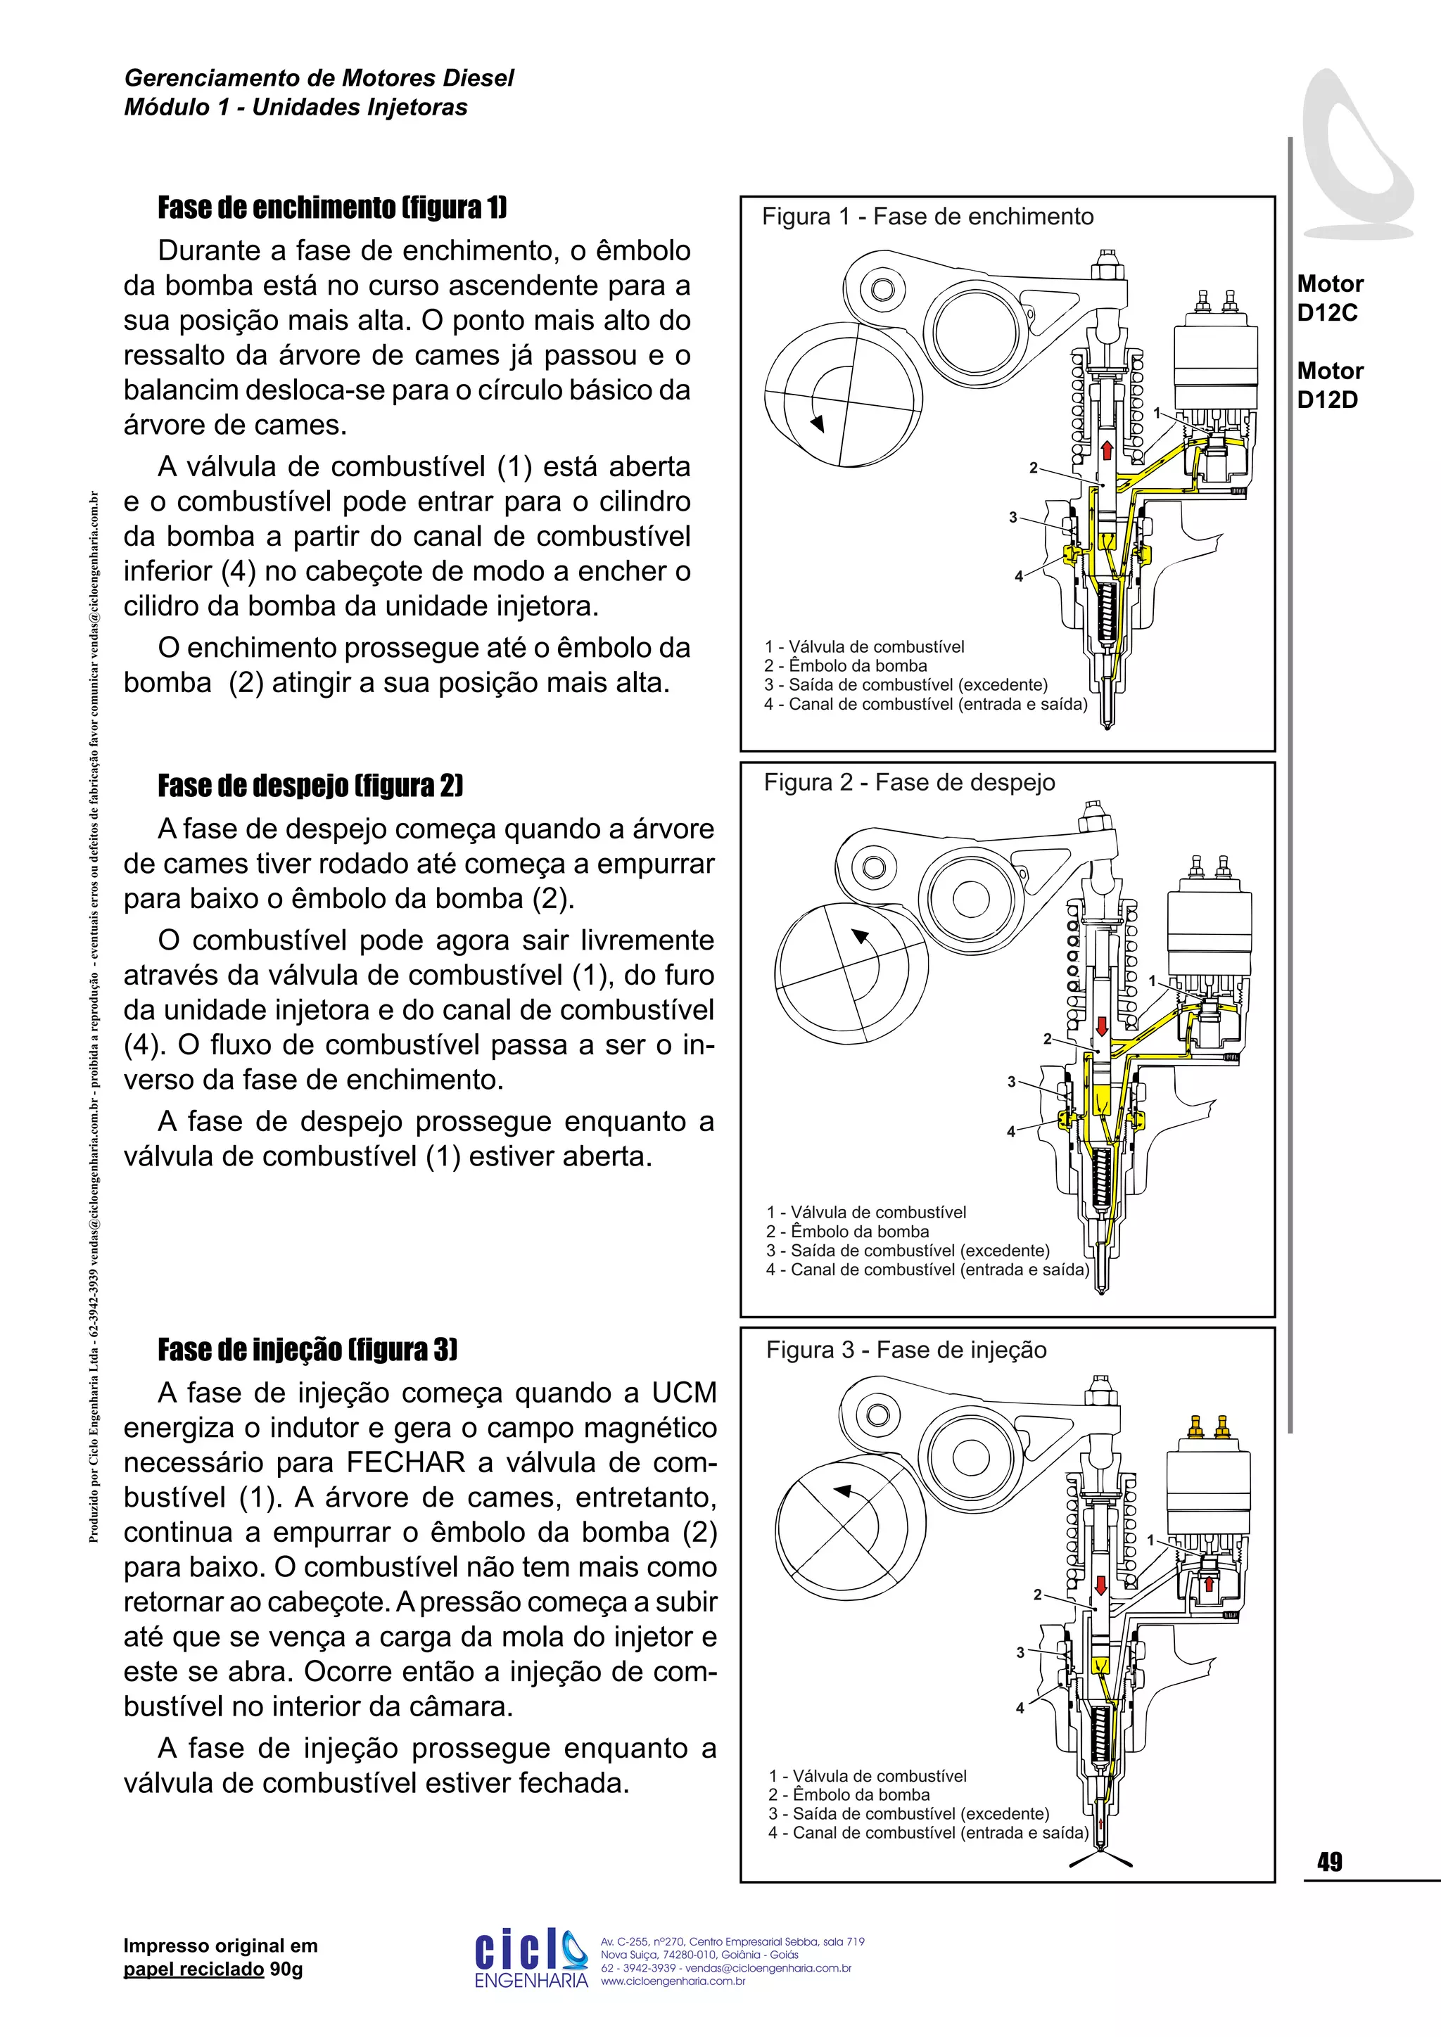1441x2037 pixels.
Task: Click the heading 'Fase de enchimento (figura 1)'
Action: pyautogui.click(x=332, y=207)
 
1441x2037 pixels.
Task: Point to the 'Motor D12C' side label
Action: pyautogui.click(x=1329, y=298)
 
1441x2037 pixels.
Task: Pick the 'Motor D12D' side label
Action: pyautogui.click(x=1329, y=385)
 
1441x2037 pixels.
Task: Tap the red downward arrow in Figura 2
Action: pyautogui.click(x=1101, y=1026)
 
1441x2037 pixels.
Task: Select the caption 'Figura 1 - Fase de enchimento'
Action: pyautogui.click(x=927, y=217)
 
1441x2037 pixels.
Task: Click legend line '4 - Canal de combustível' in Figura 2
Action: pyautogui.click(x=927, y=1270)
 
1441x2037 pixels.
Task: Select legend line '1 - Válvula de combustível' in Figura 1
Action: pyautogui.click(x=864, y=647)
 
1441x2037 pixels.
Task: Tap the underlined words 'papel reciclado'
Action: pyautogui.click(x=193, y=1969)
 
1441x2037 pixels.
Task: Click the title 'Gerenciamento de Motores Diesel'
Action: pyautogui.click(x=319, y=78)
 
